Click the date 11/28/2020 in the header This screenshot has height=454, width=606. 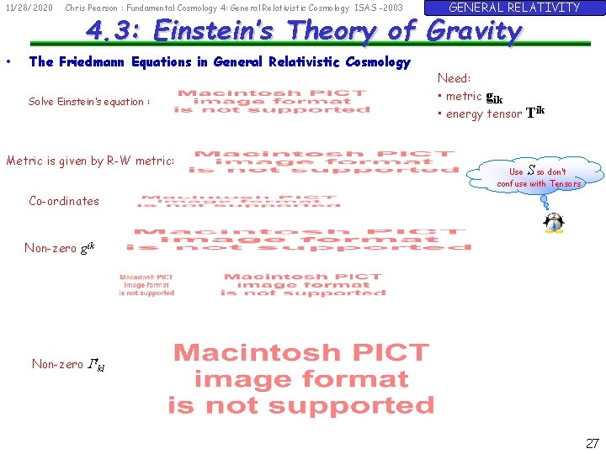coord(29,8)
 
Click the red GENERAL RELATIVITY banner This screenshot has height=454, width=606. coord(514,8)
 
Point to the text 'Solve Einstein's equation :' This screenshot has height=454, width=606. coord(89,102)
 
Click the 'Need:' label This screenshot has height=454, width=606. coord(454,78)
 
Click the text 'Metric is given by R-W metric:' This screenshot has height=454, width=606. coord(91,161)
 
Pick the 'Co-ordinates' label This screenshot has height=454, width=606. coord(64,201)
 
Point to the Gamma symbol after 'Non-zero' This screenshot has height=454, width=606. coord(93,364)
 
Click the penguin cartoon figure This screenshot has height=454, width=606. coord(554,223)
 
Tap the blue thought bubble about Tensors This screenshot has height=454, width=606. coord(539,177)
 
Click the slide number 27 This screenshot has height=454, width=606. coord(592,442)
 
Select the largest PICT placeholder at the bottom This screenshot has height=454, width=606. coord(301,378)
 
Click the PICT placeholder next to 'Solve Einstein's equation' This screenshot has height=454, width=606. coord(272,102)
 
